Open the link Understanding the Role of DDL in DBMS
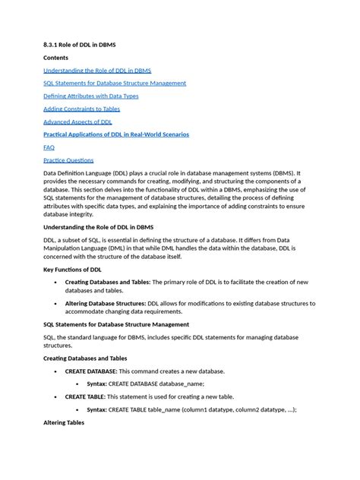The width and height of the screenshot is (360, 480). point(103,70)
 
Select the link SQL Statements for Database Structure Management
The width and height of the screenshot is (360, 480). point(115,83)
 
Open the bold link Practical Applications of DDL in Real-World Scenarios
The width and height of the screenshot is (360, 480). point(116,134)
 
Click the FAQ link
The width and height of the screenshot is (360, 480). point(49,147)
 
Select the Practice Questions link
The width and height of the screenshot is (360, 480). point(68,160)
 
